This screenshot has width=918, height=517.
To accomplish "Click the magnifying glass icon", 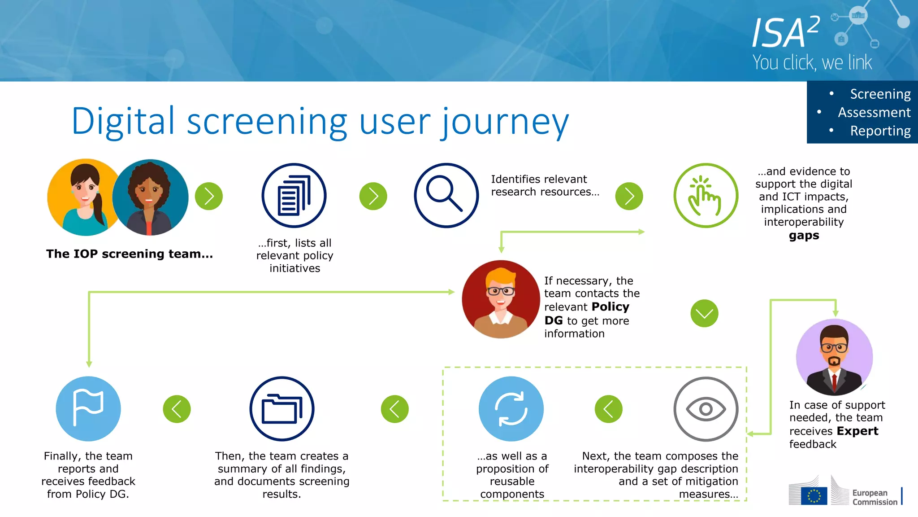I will point(446,195).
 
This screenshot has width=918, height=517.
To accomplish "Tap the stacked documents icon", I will point(294,195).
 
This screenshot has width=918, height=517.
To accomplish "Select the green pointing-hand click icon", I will point(706,195).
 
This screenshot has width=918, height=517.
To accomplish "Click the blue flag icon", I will point(88,408).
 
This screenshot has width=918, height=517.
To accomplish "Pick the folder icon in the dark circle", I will point(282,408).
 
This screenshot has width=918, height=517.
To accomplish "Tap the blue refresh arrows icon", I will point(511,408).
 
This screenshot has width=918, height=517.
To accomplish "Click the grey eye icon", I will point(706,408).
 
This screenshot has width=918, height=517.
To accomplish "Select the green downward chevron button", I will point(704,313).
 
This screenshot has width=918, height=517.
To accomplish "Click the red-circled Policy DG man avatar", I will point(501,299).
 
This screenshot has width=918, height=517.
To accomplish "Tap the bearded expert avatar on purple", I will point(834,357).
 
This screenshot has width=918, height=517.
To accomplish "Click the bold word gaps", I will point(804,236).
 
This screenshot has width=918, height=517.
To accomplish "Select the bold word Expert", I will point(857,431).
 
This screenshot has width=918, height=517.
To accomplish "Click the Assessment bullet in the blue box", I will point(874,112).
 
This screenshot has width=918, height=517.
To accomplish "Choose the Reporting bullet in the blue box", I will point(880,131).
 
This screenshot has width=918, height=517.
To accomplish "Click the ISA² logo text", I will point(785,32).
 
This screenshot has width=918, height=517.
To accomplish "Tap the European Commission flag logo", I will point(814,495).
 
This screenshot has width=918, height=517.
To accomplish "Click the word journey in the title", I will point(505,122).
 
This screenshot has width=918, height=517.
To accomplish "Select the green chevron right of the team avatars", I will point(209,196).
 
